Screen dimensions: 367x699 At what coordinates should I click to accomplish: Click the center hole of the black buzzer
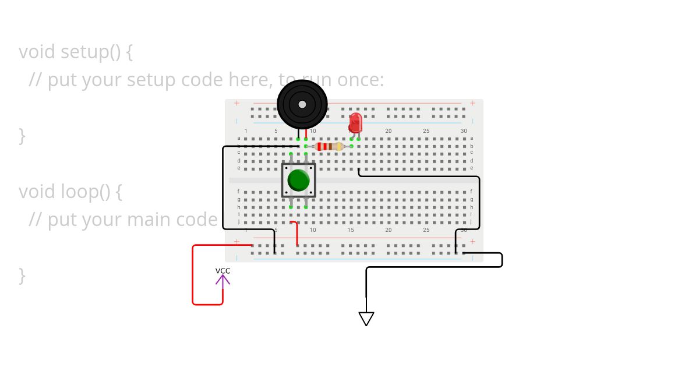pos(302,104)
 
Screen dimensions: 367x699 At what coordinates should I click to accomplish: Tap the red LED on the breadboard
pos(355,123)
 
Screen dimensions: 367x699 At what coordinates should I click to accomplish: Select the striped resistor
pos(329,146)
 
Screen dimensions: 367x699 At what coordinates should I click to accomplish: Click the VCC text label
pos(223,271)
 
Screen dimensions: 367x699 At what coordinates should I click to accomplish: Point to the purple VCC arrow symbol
pos(223,280)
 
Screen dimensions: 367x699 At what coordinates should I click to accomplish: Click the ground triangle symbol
pos(366,319)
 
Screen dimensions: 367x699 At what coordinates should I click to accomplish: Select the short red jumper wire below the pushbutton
pos(296,233)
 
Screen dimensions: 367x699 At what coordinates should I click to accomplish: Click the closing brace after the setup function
pos(22,136)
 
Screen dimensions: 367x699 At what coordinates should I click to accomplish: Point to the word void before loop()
pos(37,191)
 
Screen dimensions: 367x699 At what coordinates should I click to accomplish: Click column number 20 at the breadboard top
pos(388,131)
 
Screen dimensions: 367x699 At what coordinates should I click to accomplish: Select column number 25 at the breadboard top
pos(426,131)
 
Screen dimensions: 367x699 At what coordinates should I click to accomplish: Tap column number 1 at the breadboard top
pos(246,131)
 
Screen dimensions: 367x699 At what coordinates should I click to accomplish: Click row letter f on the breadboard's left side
pos(238,191)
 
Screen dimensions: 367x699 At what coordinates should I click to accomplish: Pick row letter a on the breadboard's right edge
pos(471,138)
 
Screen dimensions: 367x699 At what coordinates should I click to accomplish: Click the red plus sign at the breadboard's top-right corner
pos(472,103)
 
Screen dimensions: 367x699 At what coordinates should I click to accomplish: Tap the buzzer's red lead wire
pos(306,133)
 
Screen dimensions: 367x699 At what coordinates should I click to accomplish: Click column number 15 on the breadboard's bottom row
pos(351,230)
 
